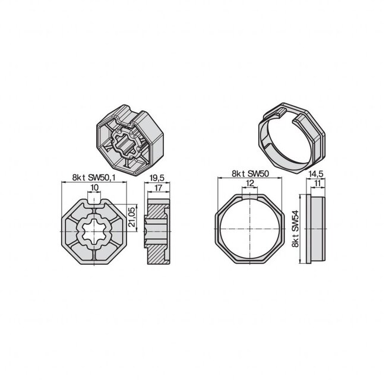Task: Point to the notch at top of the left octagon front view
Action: (95, 202)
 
